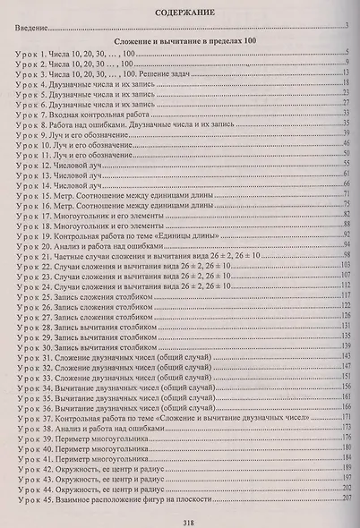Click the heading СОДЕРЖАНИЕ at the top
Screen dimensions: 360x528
click(x=179, y=13)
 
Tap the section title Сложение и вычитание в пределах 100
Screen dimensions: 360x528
click(x=180, y=43)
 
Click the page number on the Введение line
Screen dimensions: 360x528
click(x=345, y=28)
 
